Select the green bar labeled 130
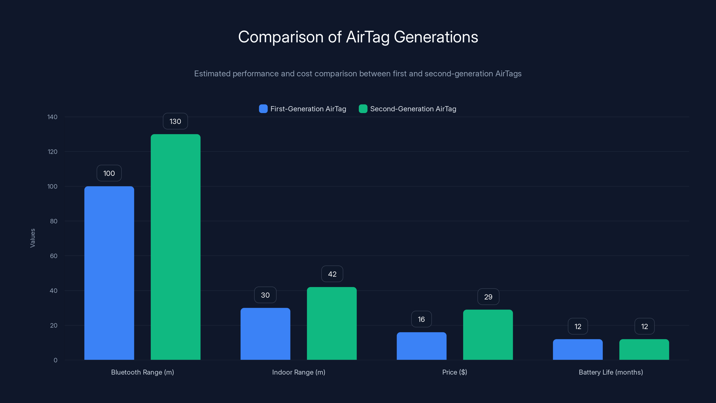[175, 247]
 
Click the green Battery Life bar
[644, 349]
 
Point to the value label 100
[109, 173]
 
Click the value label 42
[332, 274]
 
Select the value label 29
[488, 297]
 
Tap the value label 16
[421, 319]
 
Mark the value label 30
[265, 295]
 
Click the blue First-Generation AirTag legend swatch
[263, 109]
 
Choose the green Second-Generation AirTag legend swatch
[363, 109]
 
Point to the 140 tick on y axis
[52, 117]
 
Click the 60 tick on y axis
[54, 256]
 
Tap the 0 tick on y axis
[55, 360]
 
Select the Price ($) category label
[454, 372]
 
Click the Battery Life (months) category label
[611, 372]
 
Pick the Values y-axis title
[32, 238]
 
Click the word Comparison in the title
[281, 37]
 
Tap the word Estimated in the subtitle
[212, 74]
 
